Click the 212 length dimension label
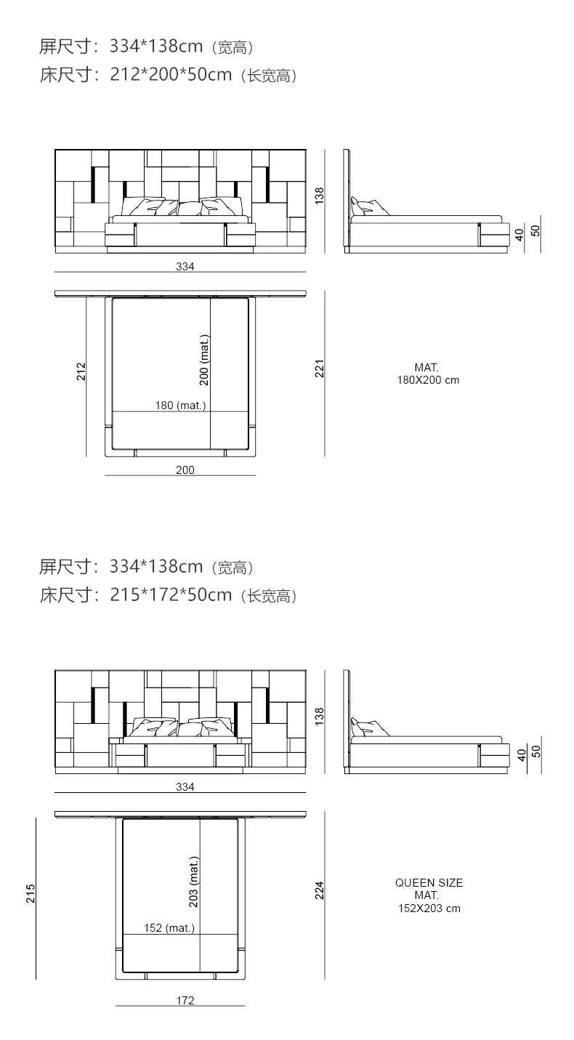pos(81,371)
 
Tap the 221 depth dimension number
pos(319,368)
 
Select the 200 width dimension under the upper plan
pos(185,470)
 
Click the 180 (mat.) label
pos(180,406)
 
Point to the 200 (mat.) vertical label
pos(204,360)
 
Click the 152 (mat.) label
pos(169,927)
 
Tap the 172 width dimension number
pos(185,1001)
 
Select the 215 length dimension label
pos(31,893)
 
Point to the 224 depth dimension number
pos(319,890)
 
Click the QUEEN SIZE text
pos(429,883)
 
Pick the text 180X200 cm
pos(427,380)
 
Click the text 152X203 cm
pos(429,908)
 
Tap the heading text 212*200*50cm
pos(171,75)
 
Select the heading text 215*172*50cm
pos(171,595)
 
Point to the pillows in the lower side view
pos(368,727)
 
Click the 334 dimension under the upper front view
pos(185,267)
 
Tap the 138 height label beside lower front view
pos(319,716)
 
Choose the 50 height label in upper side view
pos(536,230)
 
